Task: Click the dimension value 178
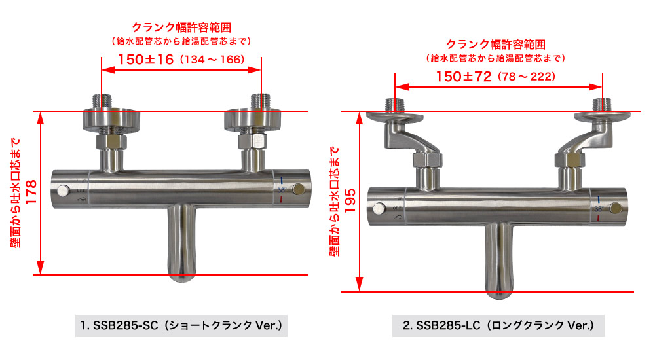tap(31, 192)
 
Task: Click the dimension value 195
tap(350, 200)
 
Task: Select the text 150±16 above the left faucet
tap(146, 60)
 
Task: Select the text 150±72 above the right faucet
tap(464, 77)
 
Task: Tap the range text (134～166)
tap(212, 60)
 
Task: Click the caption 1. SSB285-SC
tap(119, 325)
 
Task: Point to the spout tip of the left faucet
tap(181, 279)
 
